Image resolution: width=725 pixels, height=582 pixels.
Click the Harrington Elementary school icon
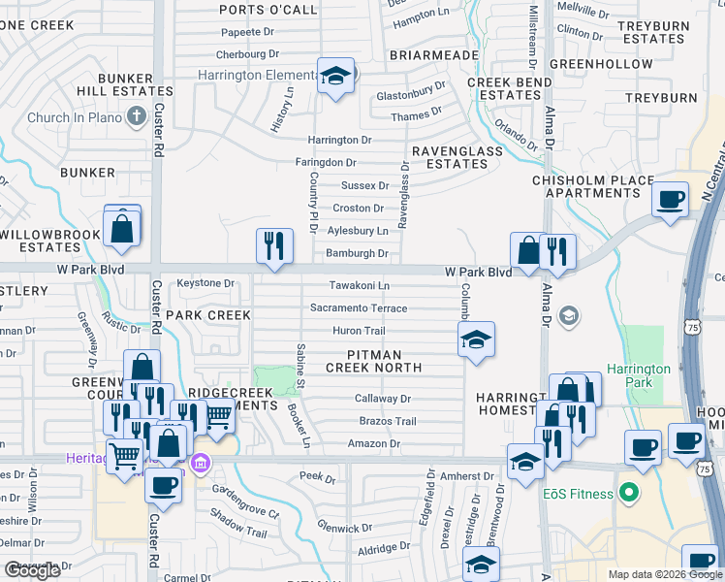[x=335, y=77]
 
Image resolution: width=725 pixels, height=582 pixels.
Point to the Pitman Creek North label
[x=373, y=362]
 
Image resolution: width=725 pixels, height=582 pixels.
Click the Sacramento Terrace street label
[x=359, y=308]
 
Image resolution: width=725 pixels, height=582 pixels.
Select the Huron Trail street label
[x=359, y=331]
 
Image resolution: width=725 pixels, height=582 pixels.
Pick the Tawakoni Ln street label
[x=359, y=286]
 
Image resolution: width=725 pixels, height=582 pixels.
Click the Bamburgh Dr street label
[x=357, y=254]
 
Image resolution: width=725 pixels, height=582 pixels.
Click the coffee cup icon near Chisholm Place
[x=670, y=199]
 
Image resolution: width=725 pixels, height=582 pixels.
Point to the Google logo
[x=31, y=570]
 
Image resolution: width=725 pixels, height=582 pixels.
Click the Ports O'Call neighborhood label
[x=268, y=10]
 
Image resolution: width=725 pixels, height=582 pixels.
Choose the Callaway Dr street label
[x=383, y=399]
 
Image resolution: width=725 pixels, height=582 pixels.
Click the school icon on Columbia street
[x=476, y=340]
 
